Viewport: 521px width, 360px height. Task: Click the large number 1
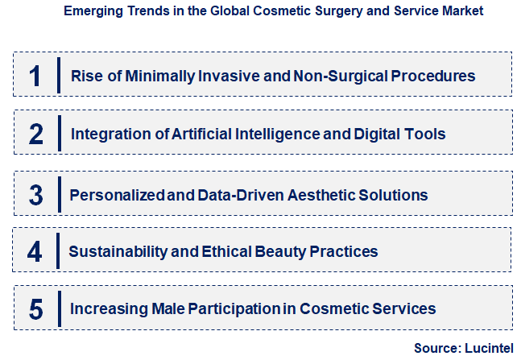pos(34,76)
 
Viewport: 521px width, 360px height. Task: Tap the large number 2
pos(35,134)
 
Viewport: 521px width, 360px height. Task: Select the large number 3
pos(35,195)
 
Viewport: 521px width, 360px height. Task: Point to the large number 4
pos(35,251)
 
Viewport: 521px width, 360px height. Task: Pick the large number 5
pos(35,308)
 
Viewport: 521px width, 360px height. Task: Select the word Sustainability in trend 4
pos(116,251)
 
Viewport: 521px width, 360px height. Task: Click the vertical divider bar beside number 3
pos(59,195)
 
